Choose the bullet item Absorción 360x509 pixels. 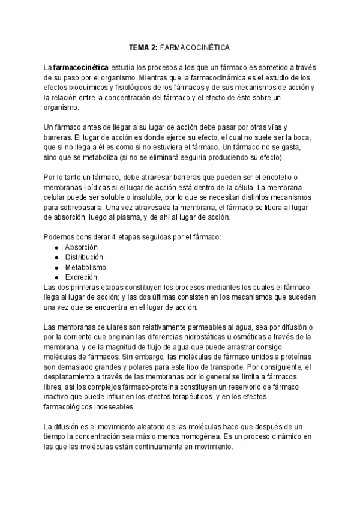(83, 247)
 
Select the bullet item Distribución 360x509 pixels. (85, 257)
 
